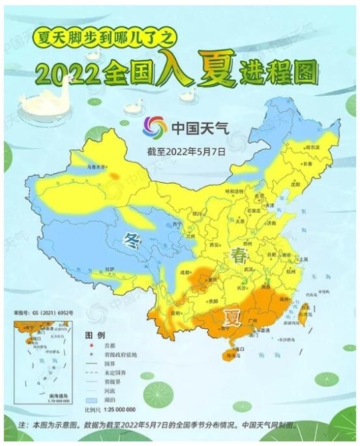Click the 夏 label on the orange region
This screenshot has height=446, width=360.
click(232, 311)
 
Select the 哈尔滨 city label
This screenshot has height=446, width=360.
click(313, 146)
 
